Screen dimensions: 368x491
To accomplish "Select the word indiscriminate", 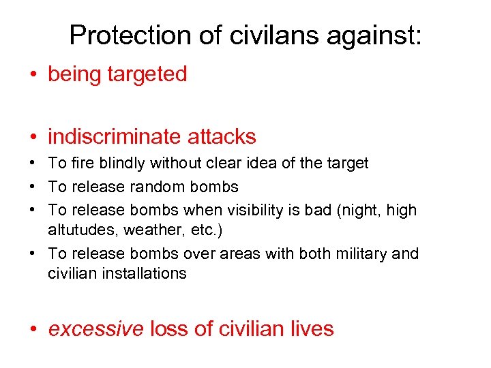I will [x=112, y=136].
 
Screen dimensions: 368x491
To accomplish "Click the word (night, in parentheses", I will [x=359, y=210].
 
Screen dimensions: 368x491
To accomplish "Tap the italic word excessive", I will [x=95, y=329].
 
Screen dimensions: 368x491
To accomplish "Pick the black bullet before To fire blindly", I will [x=34, y=164].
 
